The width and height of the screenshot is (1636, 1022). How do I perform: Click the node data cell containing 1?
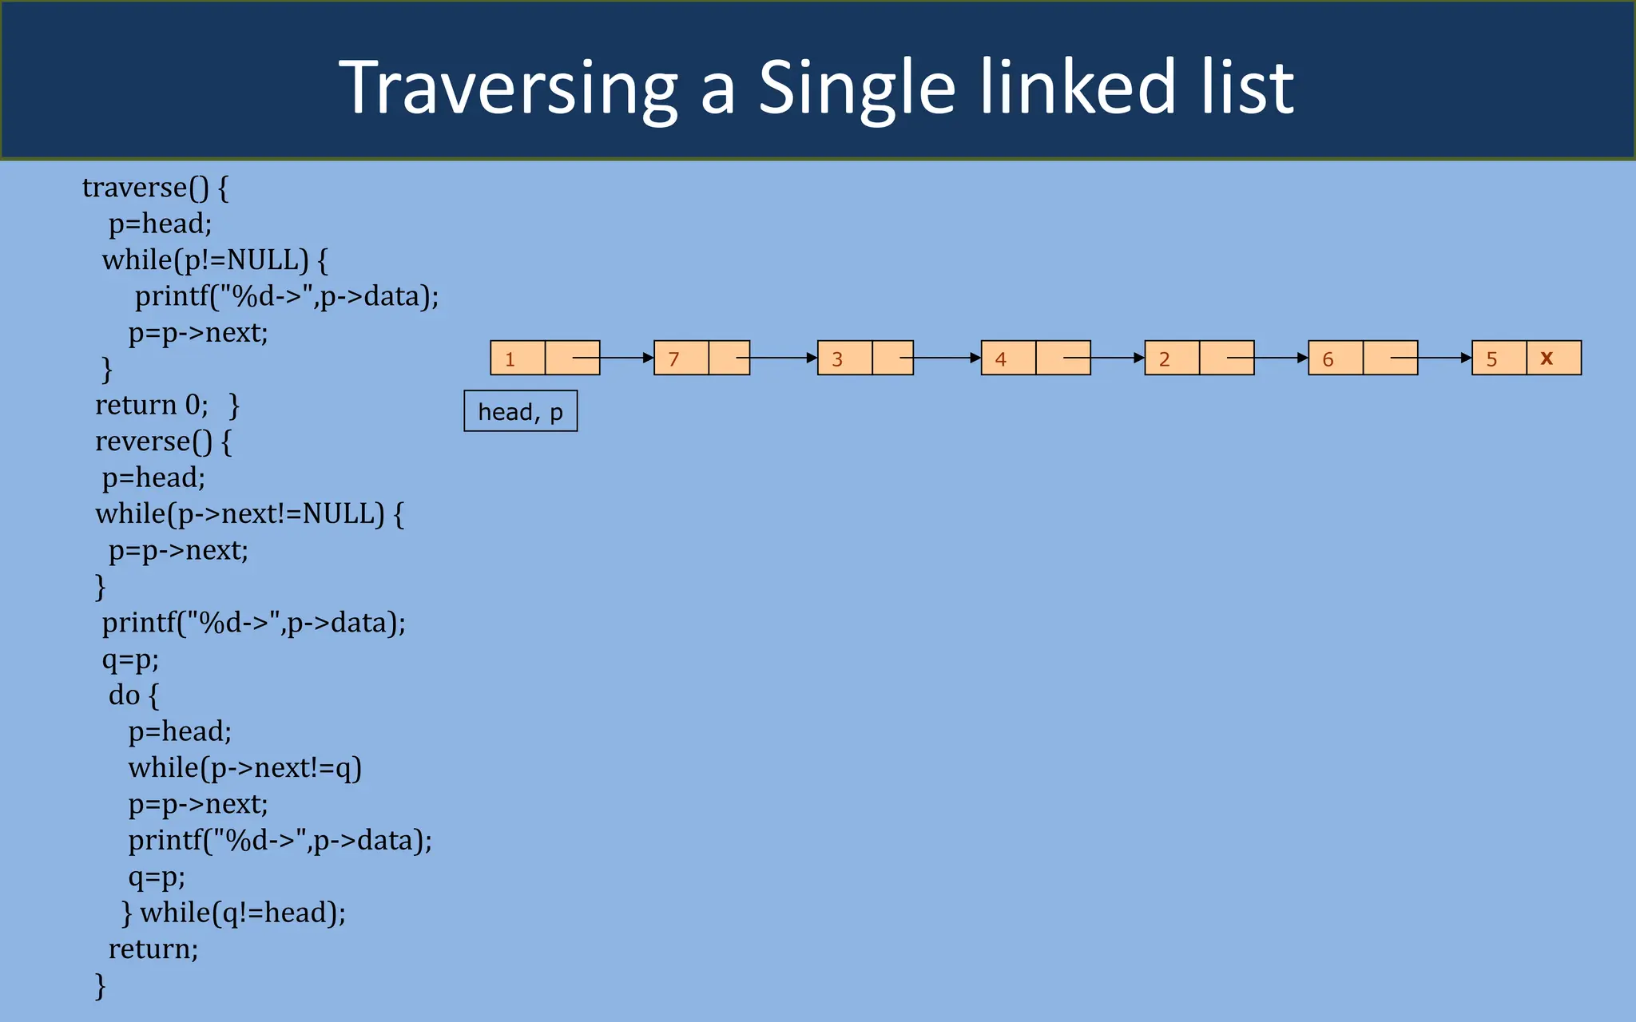[x=518, y=358]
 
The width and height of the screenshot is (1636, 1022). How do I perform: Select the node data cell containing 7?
[x=681, y=358]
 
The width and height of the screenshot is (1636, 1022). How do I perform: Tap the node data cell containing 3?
[x=844, y=358]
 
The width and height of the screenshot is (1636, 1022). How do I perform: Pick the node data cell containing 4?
[x=1008, y=358]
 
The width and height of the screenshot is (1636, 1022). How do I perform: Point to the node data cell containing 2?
[x=1172, y=358]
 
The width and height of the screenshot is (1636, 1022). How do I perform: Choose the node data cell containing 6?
[x=1336, y=358]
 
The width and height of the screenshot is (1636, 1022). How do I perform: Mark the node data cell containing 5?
[x=1499, y=358]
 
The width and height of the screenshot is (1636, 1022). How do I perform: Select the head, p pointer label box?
[x=520, y=411]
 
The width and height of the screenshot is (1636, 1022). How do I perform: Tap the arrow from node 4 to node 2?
[x=1117, y=358]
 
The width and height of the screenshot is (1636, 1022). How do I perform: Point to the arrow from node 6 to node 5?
[x=1444, y=358]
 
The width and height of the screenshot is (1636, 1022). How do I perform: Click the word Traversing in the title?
[x=508, y=88]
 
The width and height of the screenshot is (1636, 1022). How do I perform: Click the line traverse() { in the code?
[x=155, y=188]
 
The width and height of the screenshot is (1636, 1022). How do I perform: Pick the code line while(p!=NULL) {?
[x=215, y=260]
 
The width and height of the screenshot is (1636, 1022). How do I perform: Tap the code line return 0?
[x=151, y=405]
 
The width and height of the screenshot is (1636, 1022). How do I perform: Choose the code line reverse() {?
[x=163, y=442]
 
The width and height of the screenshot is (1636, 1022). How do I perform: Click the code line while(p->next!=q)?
[x=244, y=768]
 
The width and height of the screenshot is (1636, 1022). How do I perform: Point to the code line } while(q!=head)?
[x=233, y=913]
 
